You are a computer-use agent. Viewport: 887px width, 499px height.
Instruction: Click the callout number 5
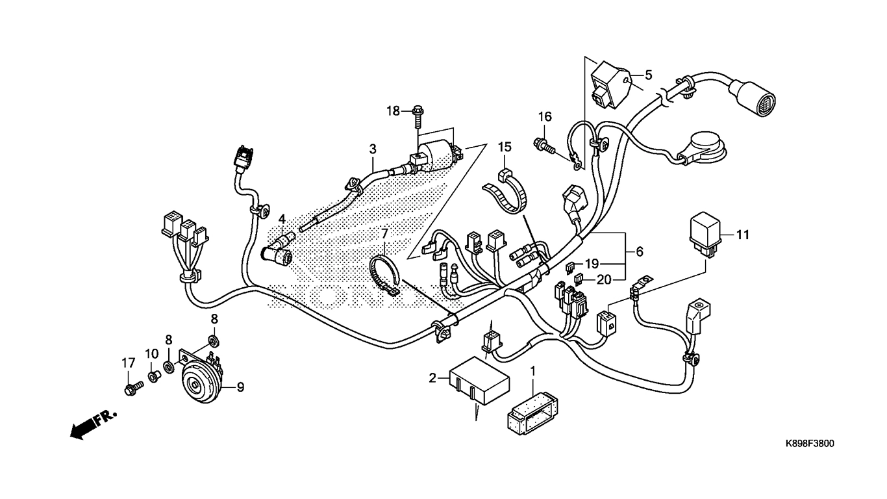648,75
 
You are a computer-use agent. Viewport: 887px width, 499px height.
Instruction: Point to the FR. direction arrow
91,424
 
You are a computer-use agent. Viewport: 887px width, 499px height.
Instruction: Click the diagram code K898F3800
809,444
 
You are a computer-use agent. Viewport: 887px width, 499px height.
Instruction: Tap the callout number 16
544,117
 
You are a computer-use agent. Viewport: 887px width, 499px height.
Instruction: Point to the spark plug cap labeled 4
280,250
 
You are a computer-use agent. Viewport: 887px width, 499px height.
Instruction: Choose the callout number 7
384,234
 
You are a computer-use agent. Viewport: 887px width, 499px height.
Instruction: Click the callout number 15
505,147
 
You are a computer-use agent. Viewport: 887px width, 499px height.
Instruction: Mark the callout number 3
373,149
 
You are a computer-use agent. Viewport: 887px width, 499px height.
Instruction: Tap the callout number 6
639,251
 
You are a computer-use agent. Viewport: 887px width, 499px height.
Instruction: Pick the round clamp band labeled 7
386,275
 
